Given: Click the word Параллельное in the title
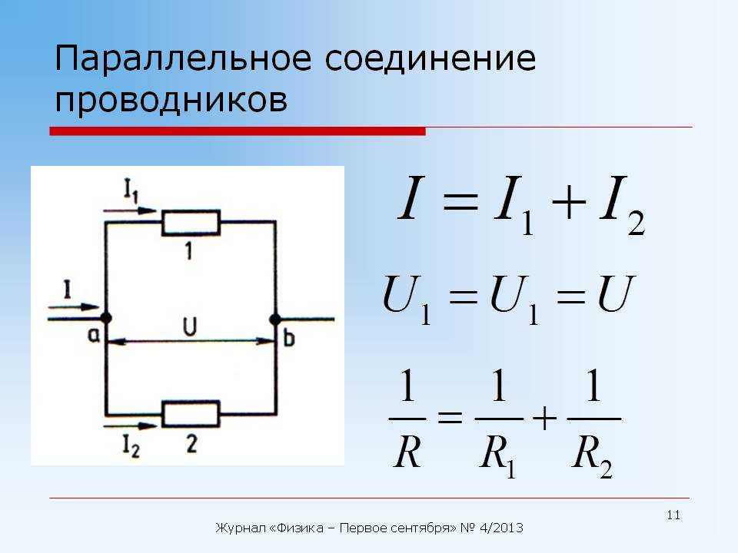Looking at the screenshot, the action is (183, 59).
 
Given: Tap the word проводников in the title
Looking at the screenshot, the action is (171, 100).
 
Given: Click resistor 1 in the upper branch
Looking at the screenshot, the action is (191, 223).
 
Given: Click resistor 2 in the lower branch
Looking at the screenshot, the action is (191, 414).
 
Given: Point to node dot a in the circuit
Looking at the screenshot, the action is (106, 318).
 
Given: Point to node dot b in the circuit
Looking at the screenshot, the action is (275, 320).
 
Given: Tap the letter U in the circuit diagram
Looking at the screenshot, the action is (190, 327).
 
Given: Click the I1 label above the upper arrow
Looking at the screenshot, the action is (131, 190).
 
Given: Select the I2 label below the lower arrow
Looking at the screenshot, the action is (131, 445).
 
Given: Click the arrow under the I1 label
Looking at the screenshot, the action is (130, 210).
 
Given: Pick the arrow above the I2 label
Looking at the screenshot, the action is (130, 426).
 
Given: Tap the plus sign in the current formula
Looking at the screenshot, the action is (569, 203).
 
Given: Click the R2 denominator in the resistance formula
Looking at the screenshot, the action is (592, 454).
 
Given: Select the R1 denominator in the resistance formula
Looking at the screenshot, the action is (497, 454).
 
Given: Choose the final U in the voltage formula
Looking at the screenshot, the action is (617, 294).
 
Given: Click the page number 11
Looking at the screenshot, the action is (673, 515).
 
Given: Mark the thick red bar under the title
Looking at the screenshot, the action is (238, 131).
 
